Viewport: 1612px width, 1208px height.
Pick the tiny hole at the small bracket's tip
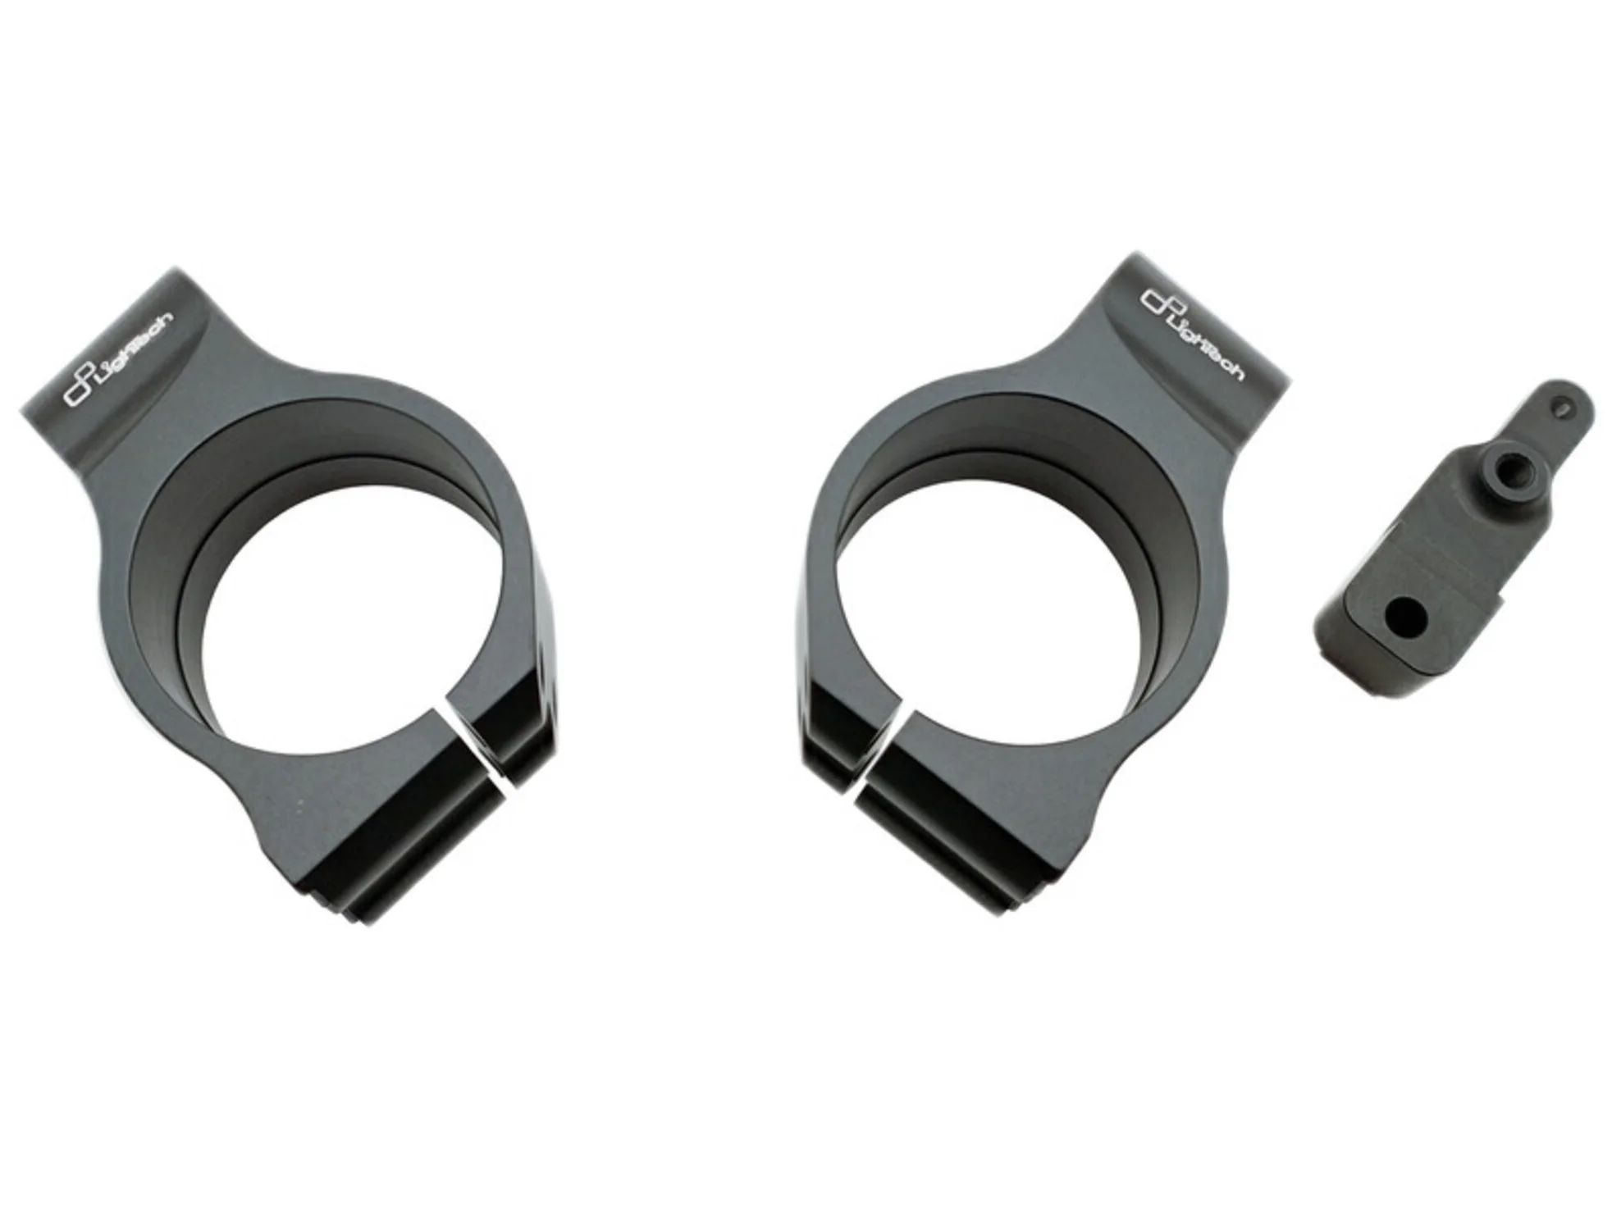pyautogui.click(x=1563, y=407)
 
